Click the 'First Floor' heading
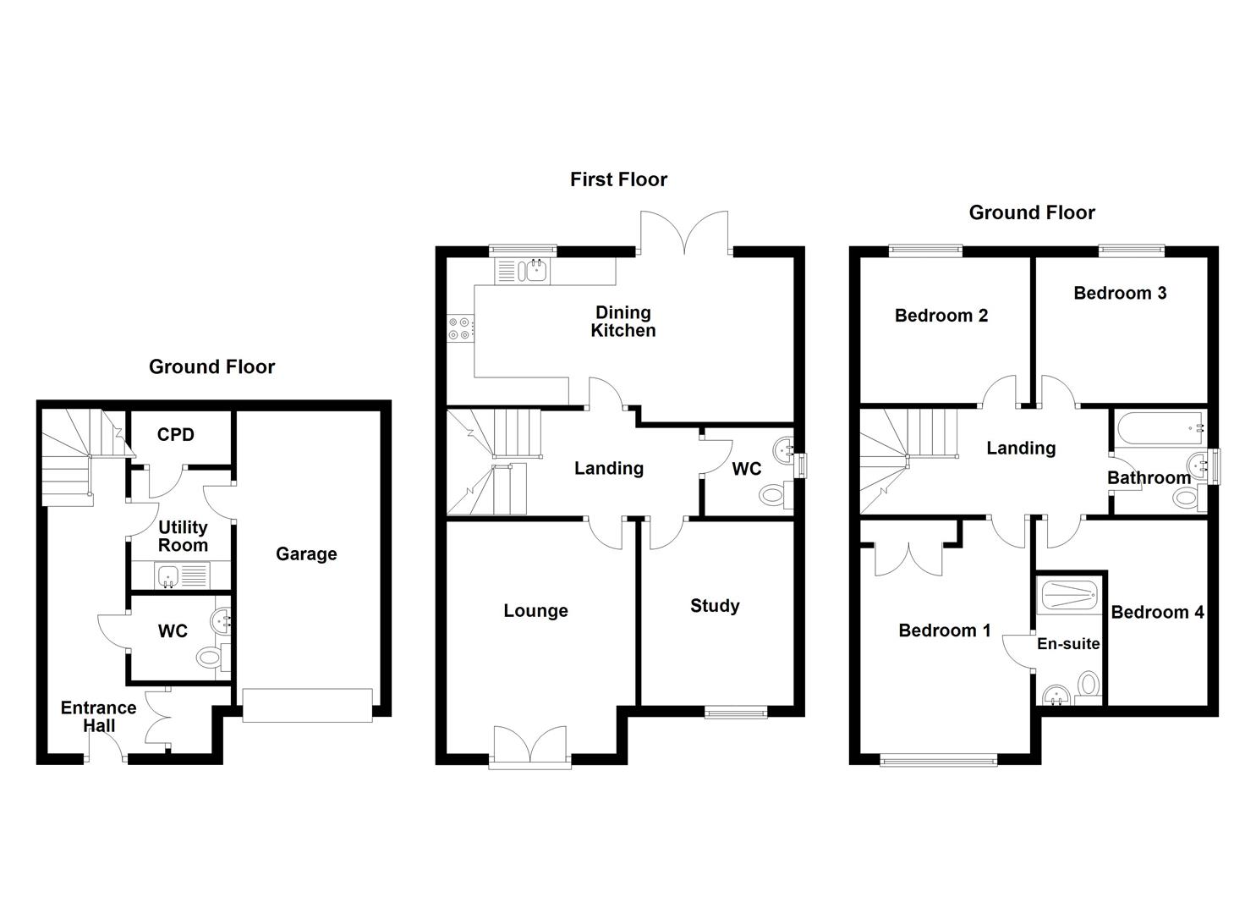(x=618, y=179)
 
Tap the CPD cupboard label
(x=176, y=435)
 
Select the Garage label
(x=306, y=554)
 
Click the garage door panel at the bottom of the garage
(x=307, y=705)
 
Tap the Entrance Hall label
(x=98, y=717)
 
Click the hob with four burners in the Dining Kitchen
(x=460, y=328)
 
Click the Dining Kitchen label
(x=623, y=322)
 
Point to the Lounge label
(x=535, y=611)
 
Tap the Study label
(x=715, y=606)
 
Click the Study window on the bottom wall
(x=736, y=713)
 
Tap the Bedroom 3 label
(x=1120, y=294)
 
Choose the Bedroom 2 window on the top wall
(x=925, y=250)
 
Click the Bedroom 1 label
(x=944, y=630)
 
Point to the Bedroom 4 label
(x=1157, y=613)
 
